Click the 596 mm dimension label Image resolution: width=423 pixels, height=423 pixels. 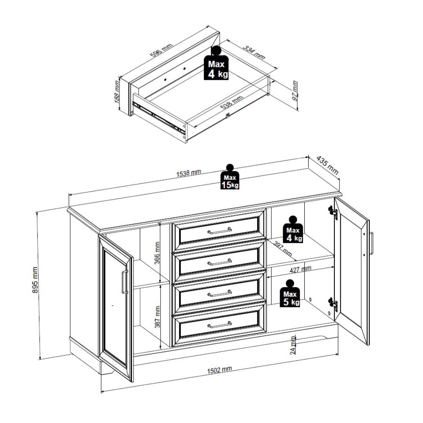click(x=161, y=51)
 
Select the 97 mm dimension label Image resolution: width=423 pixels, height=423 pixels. click(x=295, y=90)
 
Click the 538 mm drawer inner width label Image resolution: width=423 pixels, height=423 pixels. click(x=232, y=102)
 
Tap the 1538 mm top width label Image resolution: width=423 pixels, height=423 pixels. click(x=188, y=173)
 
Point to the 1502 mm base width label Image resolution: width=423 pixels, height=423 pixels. click(x=219, y=370)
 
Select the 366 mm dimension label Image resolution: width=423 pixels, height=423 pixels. click(x=157, y=253)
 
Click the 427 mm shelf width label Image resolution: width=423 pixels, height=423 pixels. click(x=300, y=269)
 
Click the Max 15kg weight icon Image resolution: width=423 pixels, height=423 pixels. click(x=230, y=177)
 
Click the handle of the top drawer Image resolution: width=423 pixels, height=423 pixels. click(x=220, y=231)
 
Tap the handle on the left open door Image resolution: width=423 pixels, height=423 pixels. click(x=125, y=282)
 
